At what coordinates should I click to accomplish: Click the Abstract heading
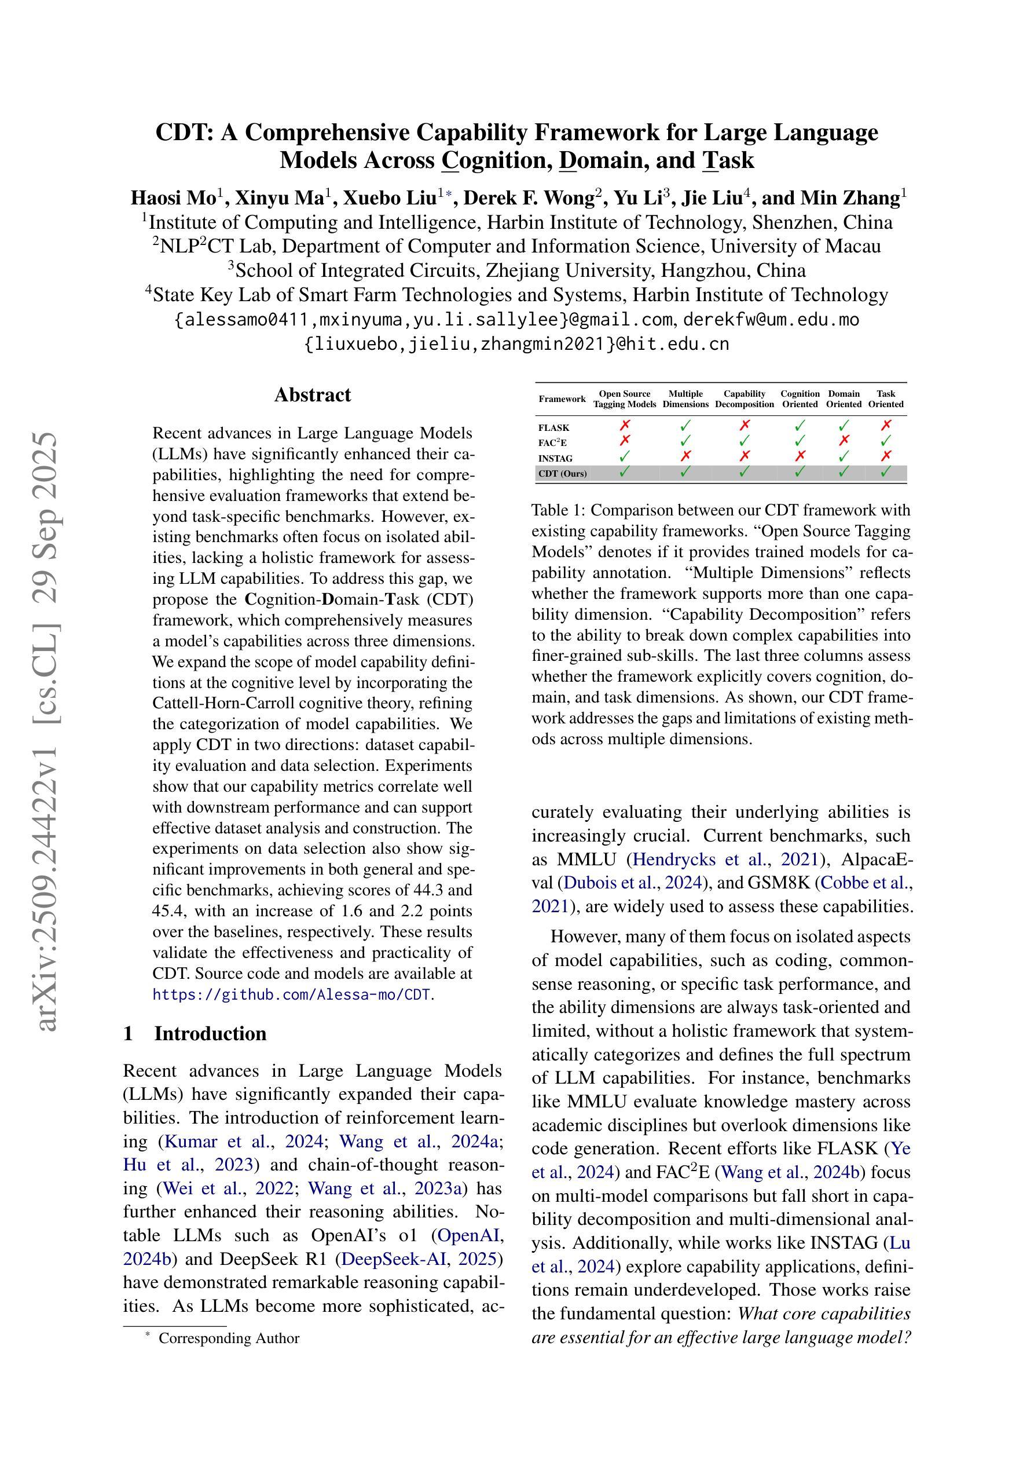pyautogui.click(x=312, y=395)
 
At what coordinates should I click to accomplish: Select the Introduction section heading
pyautogui.click(x=210, y=1033)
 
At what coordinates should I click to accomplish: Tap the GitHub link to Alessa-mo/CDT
pyautogui.click(x=292, y=994)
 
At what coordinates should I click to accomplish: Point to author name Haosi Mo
pyautogui.click(x=173, y=198)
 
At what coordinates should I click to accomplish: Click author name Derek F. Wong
pyautogui.click(x=528, y=198)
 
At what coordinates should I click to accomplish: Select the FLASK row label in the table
pyautogui.click(x=553, y=427)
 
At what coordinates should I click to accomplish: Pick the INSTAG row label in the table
pyautogui.click(x=556, y=458)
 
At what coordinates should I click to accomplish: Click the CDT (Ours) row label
pyautogui.click(x=563, y=473)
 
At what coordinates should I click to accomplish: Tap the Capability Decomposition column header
pyautogui.click(x=744, y=399)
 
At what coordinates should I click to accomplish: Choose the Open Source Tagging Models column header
pyautogui.click(x=624, y=399)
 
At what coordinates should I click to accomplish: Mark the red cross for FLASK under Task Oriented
pyautogui.click(x=886, y=425)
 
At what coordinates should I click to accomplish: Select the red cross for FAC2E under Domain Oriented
pyautogui.click(x=844, y=440)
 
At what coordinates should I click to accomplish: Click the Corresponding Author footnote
pyautogui.click(x=229, y=1338)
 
